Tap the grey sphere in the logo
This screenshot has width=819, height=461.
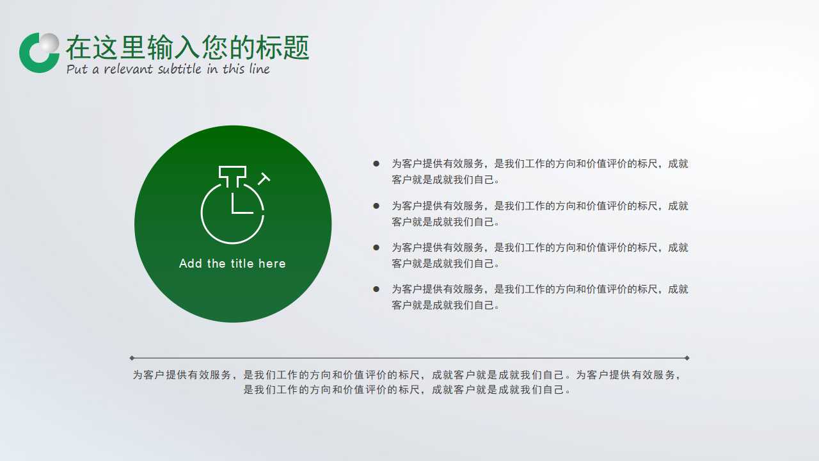pos(49,44)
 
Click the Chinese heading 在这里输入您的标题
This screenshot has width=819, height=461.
pos(187,47)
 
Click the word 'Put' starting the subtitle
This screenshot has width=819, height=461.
pos(77,69)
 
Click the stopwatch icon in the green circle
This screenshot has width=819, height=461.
pos(233,206)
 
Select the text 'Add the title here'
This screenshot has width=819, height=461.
pos(232,264)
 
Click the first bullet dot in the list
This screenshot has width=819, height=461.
pos(376,164)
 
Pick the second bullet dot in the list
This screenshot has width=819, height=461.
pos(376,206)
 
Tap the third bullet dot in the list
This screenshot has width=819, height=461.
pos(376,247)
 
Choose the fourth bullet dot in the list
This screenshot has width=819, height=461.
pos(376,289)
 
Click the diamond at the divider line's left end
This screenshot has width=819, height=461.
pos(132,358)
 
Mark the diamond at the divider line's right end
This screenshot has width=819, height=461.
pos(687,358)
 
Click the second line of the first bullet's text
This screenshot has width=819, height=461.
pos(446,180)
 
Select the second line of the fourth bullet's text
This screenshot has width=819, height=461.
pos(446,305)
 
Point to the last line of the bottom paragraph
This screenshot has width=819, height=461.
pos(408,389)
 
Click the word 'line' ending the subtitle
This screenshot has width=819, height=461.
pos(259,69)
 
